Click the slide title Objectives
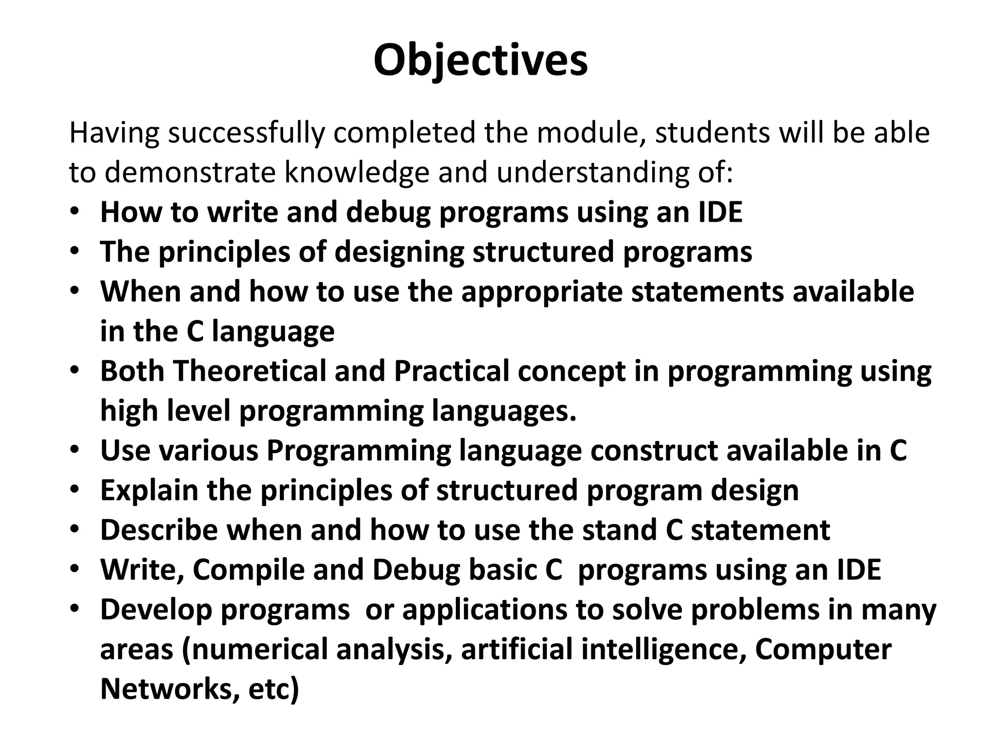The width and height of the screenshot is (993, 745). coord(480,61)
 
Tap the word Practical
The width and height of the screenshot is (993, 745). coord(451,371)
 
